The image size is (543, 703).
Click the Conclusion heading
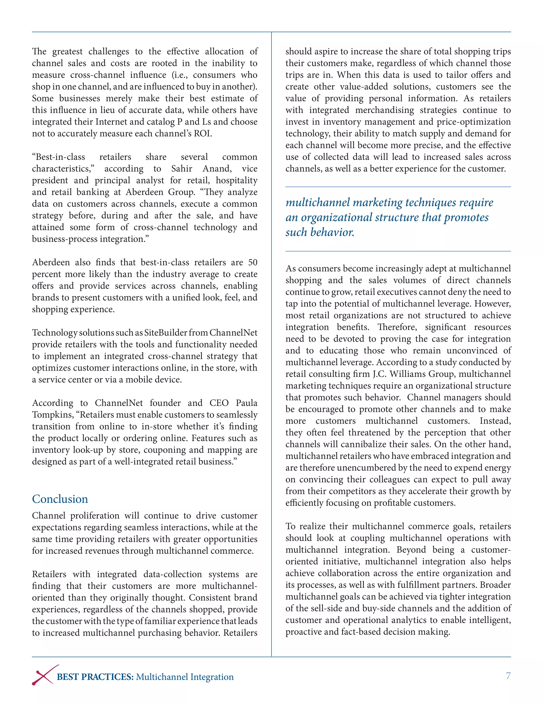[60, 499]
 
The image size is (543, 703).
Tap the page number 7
[508, 675]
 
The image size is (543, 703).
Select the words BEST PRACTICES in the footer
[95, 677]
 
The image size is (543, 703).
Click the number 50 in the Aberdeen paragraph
[252, 262]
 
